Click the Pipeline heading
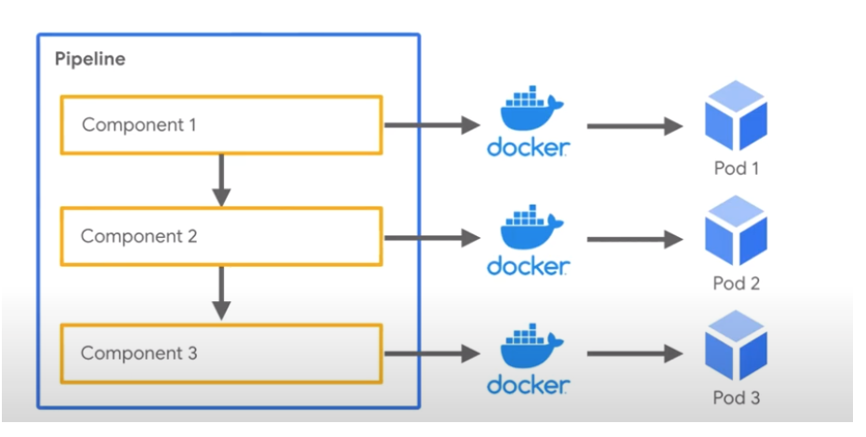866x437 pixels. [90, 60]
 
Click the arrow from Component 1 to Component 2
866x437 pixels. [221, 180]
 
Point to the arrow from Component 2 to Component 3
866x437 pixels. [221, 294]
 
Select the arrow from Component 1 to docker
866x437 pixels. [432, 126]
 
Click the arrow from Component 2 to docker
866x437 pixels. [432, 238]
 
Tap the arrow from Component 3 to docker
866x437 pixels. [432, 353]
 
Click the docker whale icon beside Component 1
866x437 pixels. [531, 108]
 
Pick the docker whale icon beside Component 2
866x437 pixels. [531, 227]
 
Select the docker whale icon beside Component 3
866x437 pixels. [531, 346]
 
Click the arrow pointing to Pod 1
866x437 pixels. [635, 126]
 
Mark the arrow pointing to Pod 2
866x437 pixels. [635, 239]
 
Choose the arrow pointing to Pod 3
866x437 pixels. [635, 353]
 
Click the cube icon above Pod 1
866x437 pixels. [736, 115]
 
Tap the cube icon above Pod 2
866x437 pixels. [736, 231]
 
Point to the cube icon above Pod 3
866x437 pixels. [736, 345]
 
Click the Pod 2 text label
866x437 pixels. [736, 283]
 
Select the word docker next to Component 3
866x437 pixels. [528, 385]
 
